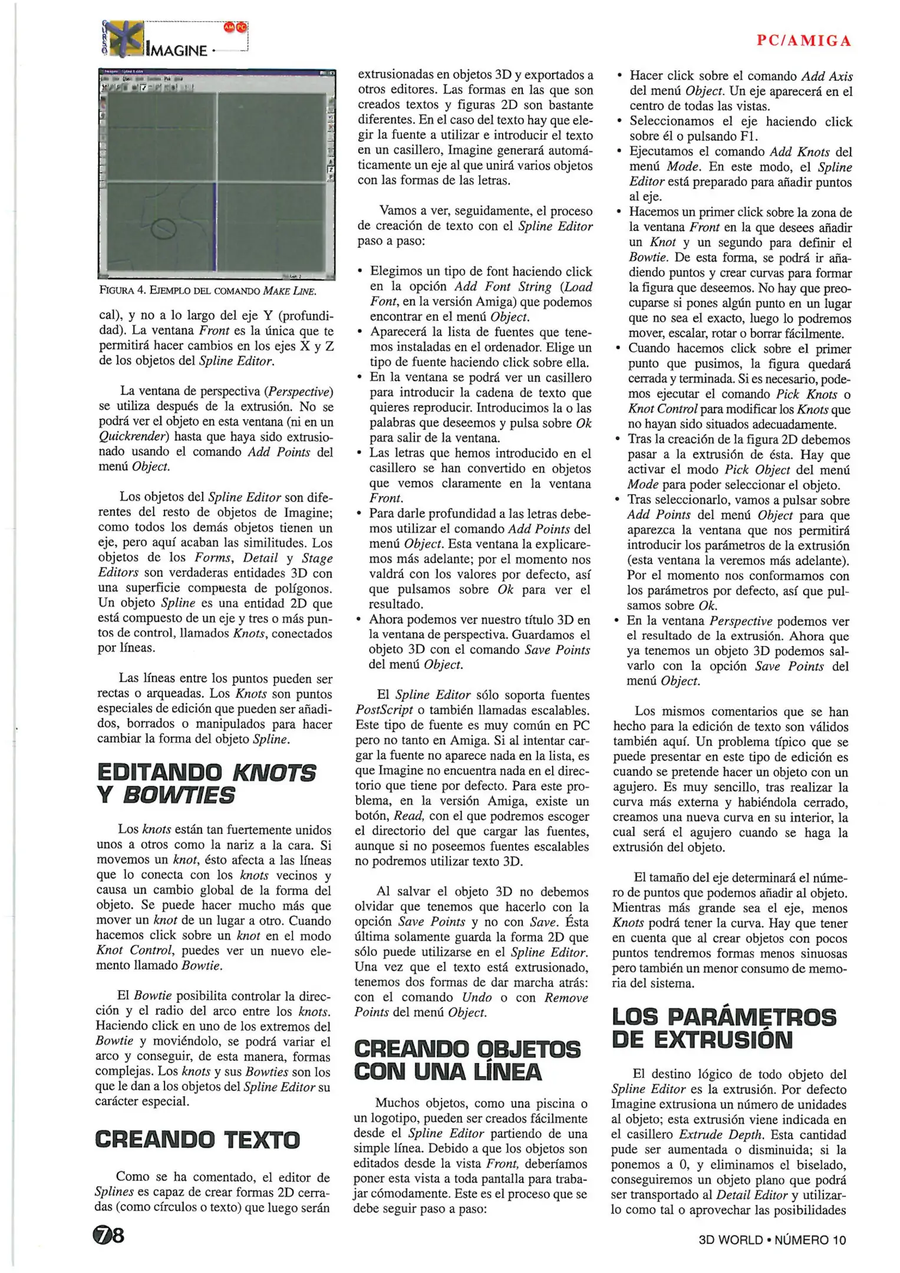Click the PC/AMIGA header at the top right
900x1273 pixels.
coord(804,41)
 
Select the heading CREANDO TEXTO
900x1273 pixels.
coord(197,1139)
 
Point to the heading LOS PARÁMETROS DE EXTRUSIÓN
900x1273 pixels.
coord(724,1028)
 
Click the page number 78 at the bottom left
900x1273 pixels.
coord(107,1236)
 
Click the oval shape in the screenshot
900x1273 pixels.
coord(164,229)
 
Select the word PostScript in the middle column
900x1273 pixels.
coord(384,710)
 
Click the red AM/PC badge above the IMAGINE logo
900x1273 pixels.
coord(235,28)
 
